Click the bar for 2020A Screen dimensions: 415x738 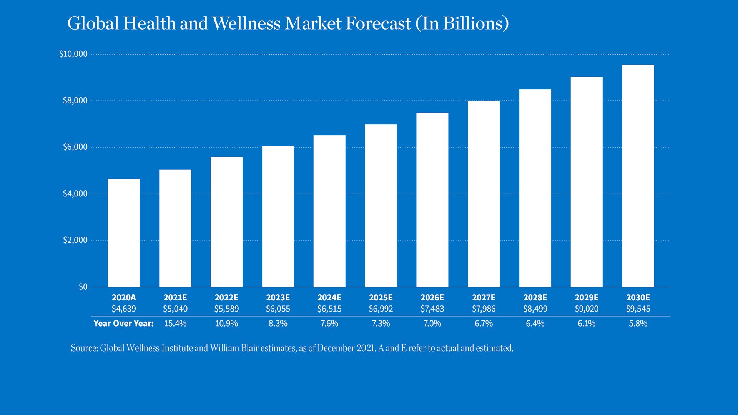click(x=123, y=233)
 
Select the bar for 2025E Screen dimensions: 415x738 click(x=381, y=206)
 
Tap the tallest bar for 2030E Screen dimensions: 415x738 click(x=638, y=176)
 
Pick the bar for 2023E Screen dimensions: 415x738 click(x=278, y=216)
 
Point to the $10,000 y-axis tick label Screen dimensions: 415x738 click(x=73, y=54)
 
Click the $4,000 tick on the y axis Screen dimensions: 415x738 click(x=75, y=194)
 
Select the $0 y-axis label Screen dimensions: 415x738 click(x=83, y=287)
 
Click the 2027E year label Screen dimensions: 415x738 click(x=484, y=298)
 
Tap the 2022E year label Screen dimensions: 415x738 click(x=226, y=298)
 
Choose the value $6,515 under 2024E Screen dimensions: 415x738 click(x=329, y=309)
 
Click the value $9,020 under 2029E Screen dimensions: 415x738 click(x=587, y=309)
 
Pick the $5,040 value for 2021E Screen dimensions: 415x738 click(x=175, y=309)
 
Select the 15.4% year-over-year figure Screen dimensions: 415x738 click(x=175, y=324)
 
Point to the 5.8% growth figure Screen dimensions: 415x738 click(x=638, y=324)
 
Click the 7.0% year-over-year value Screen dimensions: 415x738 click(x=432, y=324)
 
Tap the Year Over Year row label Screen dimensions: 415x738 click(x=123, y=324)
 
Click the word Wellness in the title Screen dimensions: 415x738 click(x=246, y=23)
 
